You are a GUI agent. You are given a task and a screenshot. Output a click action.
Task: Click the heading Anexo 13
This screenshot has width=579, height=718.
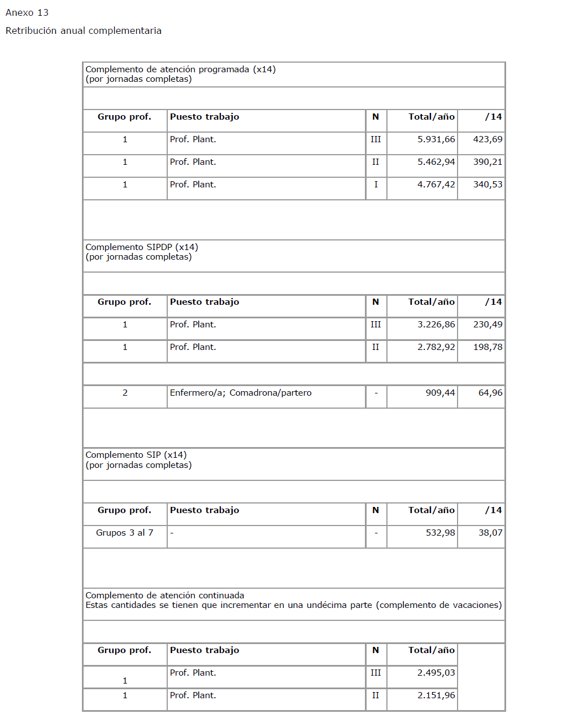point(27,12)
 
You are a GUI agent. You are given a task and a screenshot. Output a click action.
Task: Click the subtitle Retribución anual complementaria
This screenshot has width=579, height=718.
point(84,30)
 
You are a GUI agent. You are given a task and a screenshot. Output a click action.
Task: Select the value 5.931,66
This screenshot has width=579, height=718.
point(436,139)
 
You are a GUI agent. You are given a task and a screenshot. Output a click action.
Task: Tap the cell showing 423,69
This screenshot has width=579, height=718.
point(487,139)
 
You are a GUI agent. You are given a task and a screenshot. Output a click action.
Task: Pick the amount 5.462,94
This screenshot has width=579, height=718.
point(436,162)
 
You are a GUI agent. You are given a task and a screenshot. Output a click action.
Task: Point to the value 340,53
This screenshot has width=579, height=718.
point(487,185)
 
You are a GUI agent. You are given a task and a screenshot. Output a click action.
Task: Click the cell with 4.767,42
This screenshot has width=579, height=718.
point(436,185)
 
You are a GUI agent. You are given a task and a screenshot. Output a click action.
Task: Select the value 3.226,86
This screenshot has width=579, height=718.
point(436,325)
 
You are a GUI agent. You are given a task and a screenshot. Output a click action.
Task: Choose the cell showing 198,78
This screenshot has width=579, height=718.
point(487,347)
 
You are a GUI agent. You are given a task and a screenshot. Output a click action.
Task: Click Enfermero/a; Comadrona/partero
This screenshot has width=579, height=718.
point(241,393)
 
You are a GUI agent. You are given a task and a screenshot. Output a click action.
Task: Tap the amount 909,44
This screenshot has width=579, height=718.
point(440,393)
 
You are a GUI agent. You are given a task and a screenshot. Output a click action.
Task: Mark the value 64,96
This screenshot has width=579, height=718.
point(490,393)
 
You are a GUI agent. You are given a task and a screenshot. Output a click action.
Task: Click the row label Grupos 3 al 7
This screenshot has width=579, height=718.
point(124,533)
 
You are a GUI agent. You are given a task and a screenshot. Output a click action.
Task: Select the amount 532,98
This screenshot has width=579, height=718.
point(440,533)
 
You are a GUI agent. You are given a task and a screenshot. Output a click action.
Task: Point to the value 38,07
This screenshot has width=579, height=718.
point(490,533)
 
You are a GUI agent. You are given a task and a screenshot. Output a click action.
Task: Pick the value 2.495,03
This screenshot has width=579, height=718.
point(436,673)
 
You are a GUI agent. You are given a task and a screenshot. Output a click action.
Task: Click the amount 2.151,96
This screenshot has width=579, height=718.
point(436,695)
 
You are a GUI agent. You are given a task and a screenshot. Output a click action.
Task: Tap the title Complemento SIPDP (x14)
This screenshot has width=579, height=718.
point(142,247)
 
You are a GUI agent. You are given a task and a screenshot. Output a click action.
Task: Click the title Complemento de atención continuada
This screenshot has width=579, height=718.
point(165,596)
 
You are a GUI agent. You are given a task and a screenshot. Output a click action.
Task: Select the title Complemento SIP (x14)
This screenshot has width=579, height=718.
point(136,455)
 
